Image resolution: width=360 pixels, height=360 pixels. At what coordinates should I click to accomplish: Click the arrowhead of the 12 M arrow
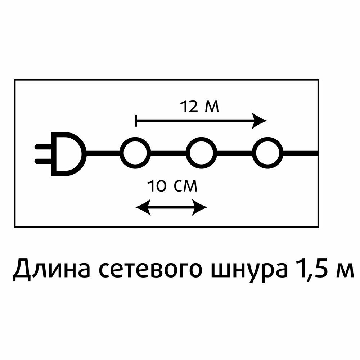coord(260,121)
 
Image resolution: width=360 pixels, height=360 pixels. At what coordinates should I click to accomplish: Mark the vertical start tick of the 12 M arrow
coord(136,121)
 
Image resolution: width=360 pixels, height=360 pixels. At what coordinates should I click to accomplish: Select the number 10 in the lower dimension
coord(157,186)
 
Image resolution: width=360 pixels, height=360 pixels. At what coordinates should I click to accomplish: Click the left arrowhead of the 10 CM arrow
coord(142,207)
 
